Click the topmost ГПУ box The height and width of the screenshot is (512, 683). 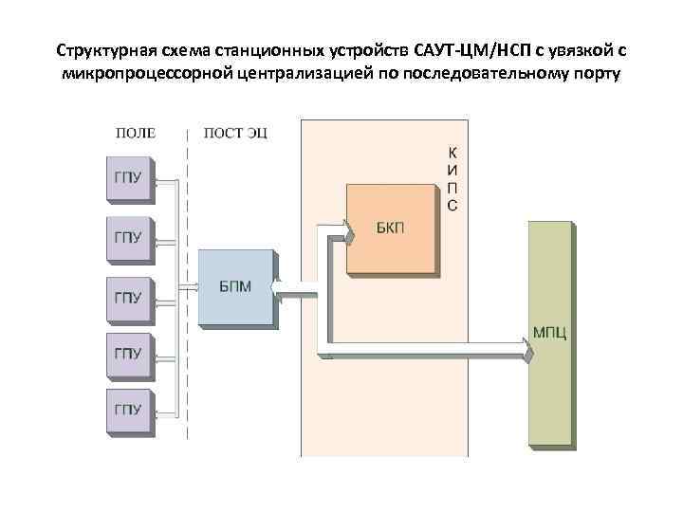point(129,179)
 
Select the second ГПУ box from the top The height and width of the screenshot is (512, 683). point(129,237)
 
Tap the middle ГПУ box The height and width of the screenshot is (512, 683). point(129,296)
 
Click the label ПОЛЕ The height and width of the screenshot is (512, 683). point(136,132)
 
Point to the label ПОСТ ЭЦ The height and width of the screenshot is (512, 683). point(235,132)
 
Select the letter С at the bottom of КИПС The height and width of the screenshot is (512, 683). point(452,206)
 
